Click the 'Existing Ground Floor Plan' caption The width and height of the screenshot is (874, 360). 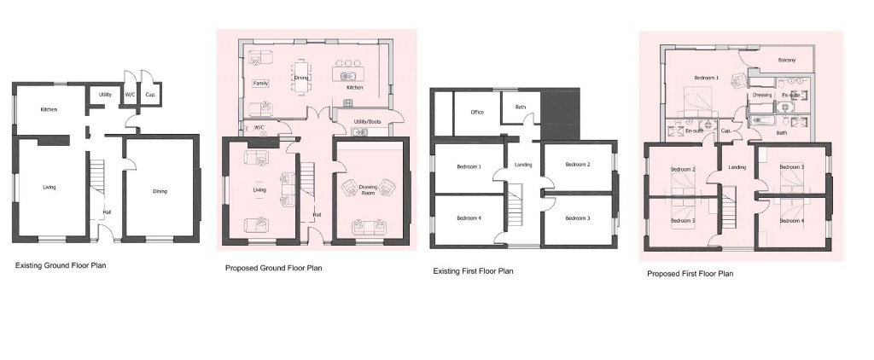tap(61, 265)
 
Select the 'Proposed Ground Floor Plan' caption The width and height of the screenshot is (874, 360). tap(273, 268)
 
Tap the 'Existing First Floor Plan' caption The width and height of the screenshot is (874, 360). tap(475, 271)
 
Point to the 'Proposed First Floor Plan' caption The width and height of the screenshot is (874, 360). tap(690, 274)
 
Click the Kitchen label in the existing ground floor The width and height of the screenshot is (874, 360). tap(49, 110)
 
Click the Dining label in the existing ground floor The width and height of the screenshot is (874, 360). tap(160, 191)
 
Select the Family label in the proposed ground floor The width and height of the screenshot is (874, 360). tap(260, 83)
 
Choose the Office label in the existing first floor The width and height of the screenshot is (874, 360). tap(477, 112)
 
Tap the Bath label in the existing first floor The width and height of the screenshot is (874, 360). tap(520, 107)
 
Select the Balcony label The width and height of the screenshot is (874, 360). tap(787, 60)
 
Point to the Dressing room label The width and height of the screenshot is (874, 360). tap(762, 96)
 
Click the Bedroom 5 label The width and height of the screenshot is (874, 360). tap(682, 221)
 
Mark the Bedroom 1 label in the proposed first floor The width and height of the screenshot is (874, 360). tap(706, 78)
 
